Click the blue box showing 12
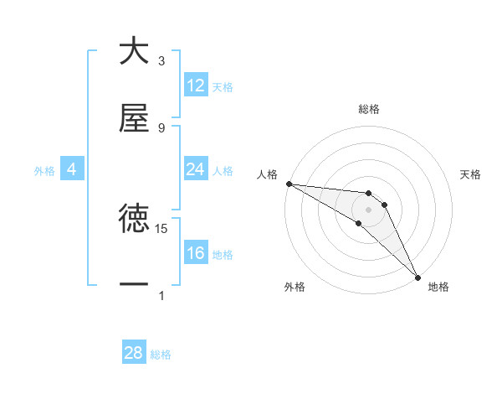[x=196, y=86]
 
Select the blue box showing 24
[x=196, y=169]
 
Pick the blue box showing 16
[x=196, y=253]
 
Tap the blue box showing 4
[x=71, y=169]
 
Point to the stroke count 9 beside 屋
[x=161, y=128]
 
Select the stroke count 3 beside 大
[x=161, y=61]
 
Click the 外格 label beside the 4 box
[x=44, y=170]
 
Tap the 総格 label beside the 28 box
[x=161, y=355]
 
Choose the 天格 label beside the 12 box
[x=223, y=86]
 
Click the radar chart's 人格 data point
[x=288, y=184]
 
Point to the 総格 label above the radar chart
[x=369, y=109]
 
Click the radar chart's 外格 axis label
[x=295, y=287]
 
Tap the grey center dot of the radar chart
[x=368, y=209]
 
